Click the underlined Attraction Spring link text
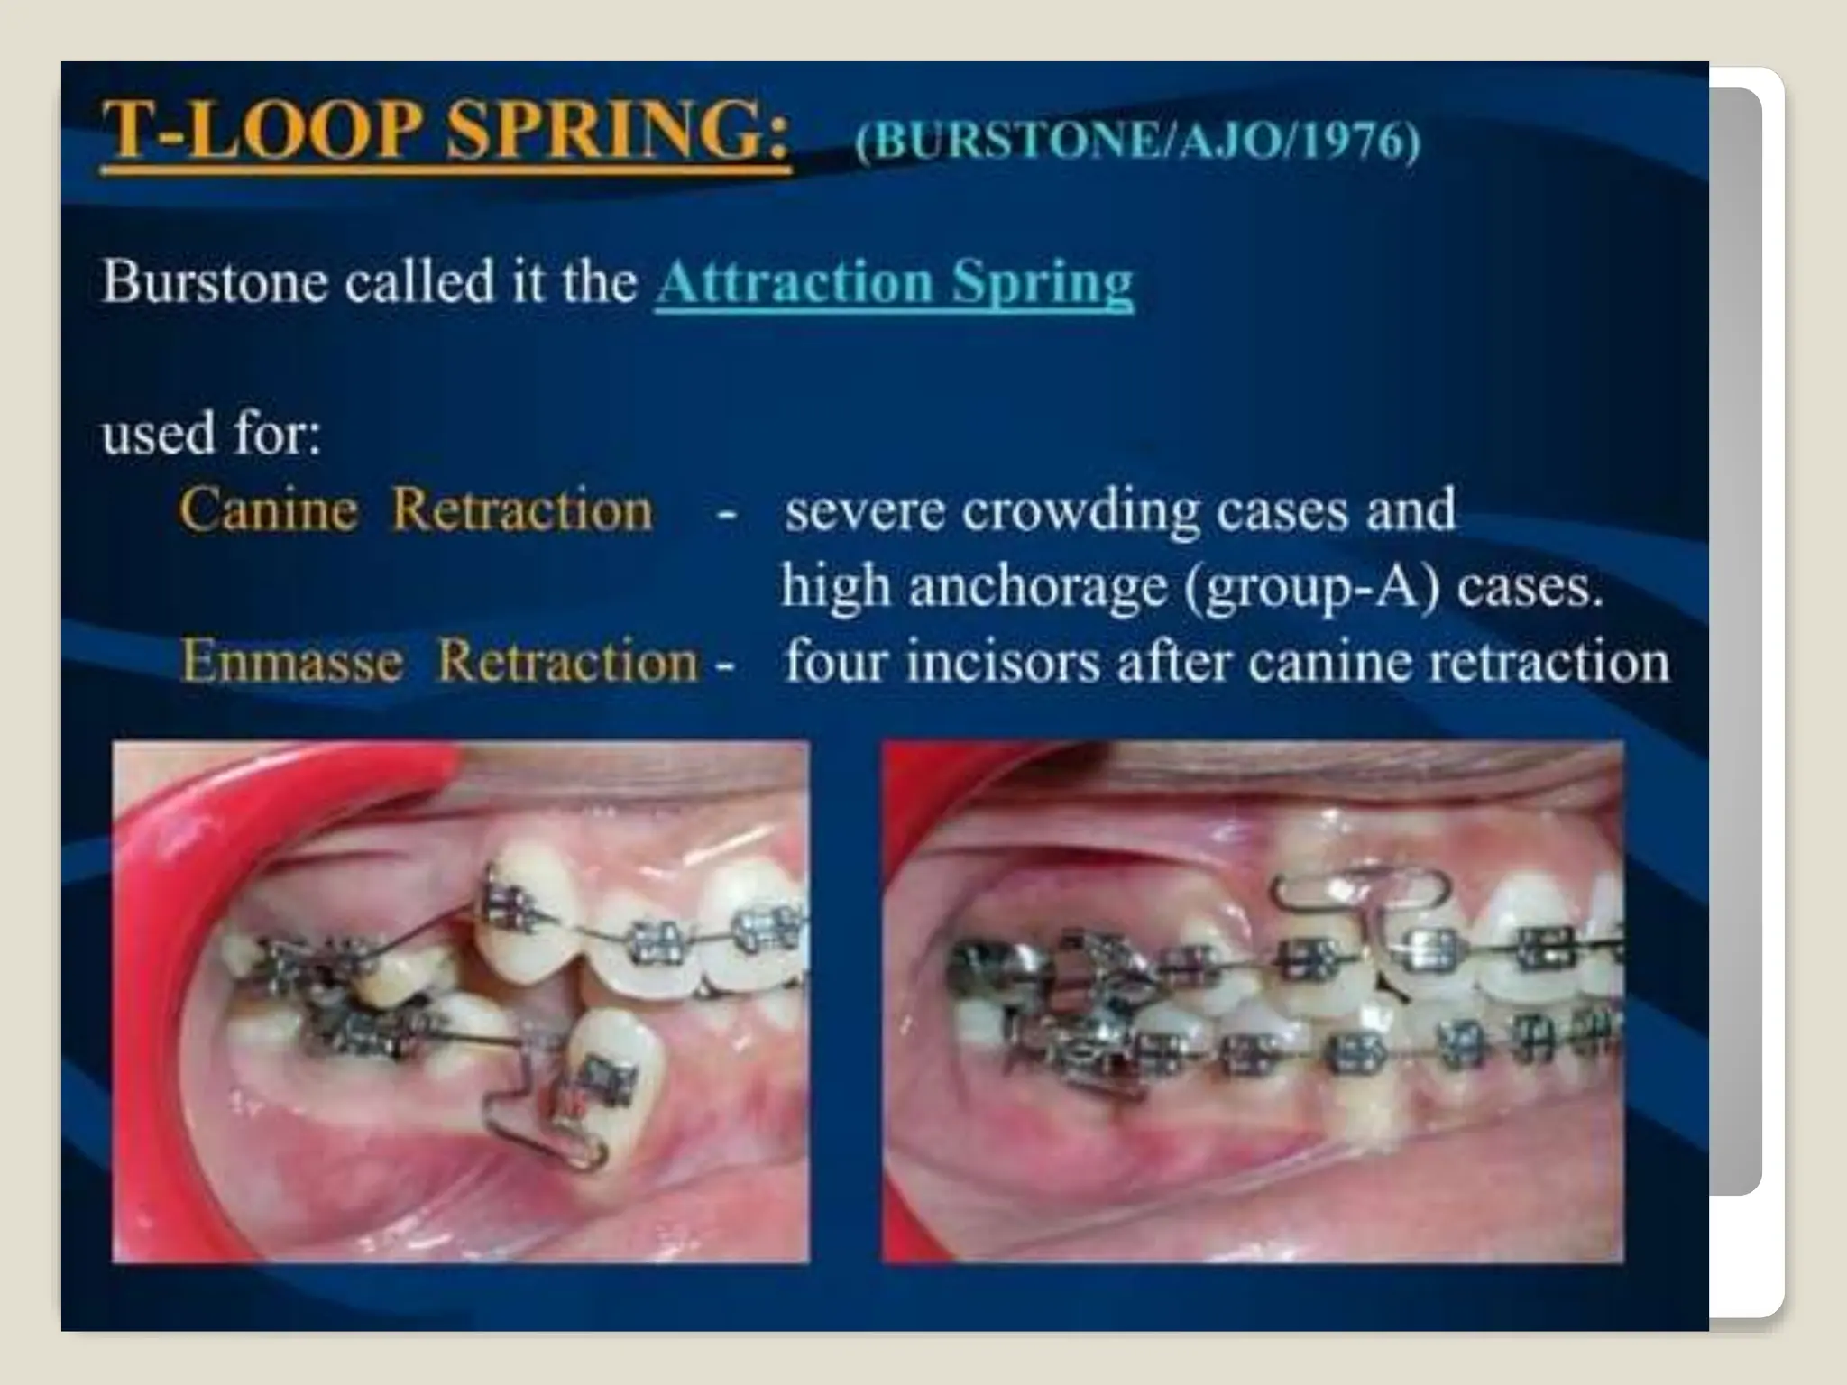click(894, 282)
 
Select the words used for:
click(211, 434)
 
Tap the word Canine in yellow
click(268, 509)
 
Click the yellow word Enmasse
click(291, 661)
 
